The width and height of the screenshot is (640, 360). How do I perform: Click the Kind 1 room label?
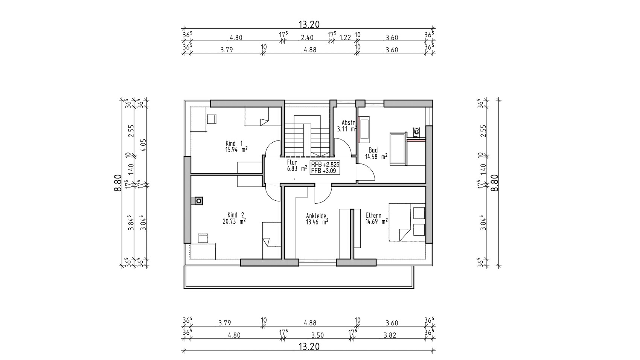tap(234, 143)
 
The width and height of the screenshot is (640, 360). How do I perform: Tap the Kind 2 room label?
tap(236, 215)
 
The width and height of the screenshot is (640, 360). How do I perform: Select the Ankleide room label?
tap(316, 216)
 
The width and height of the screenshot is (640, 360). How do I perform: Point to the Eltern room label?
tap(373, 215)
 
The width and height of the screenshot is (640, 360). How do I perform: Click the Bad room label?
tap(373, 150)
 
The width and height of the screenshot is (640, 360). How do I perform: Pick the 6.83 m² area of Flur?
tap(297, 168)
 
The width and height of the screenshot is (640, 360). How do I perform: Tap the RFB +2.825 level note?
tap(325, 164)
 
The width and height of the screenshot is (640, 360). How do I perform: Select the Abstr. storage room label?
tap(348, 122)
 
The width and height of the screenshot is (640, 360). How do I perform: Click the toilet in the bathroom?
tap(417, 131)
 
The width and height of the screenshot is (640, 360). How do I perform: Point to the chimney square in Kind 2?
tap(199, 201)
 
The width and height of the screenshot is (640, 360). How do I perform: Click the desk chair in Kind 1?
tap(212, 119)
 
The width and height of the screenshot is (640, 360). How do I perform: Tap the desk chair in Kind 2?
tap(203, 238)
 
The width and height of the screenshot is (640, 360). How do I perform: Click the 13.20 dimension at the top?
tap(309, 24)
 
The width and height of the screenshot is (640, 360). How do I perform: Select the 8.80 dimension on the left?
tap(118, 183)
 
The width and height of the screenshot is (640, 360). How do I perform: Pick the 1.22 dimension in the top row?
tap(345, 38)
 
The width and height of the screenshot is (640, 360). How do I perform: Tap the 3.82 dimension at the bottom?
tap(390, 335)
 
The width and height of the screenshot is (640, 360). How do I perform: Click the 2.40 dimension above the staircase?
tap(308, 38)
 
